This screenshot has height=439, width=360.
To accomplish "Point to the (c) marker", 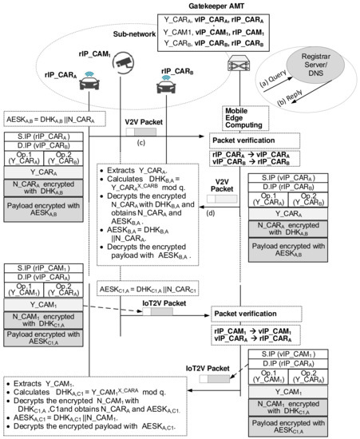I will pyautogui.click(x=140, y=143).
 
